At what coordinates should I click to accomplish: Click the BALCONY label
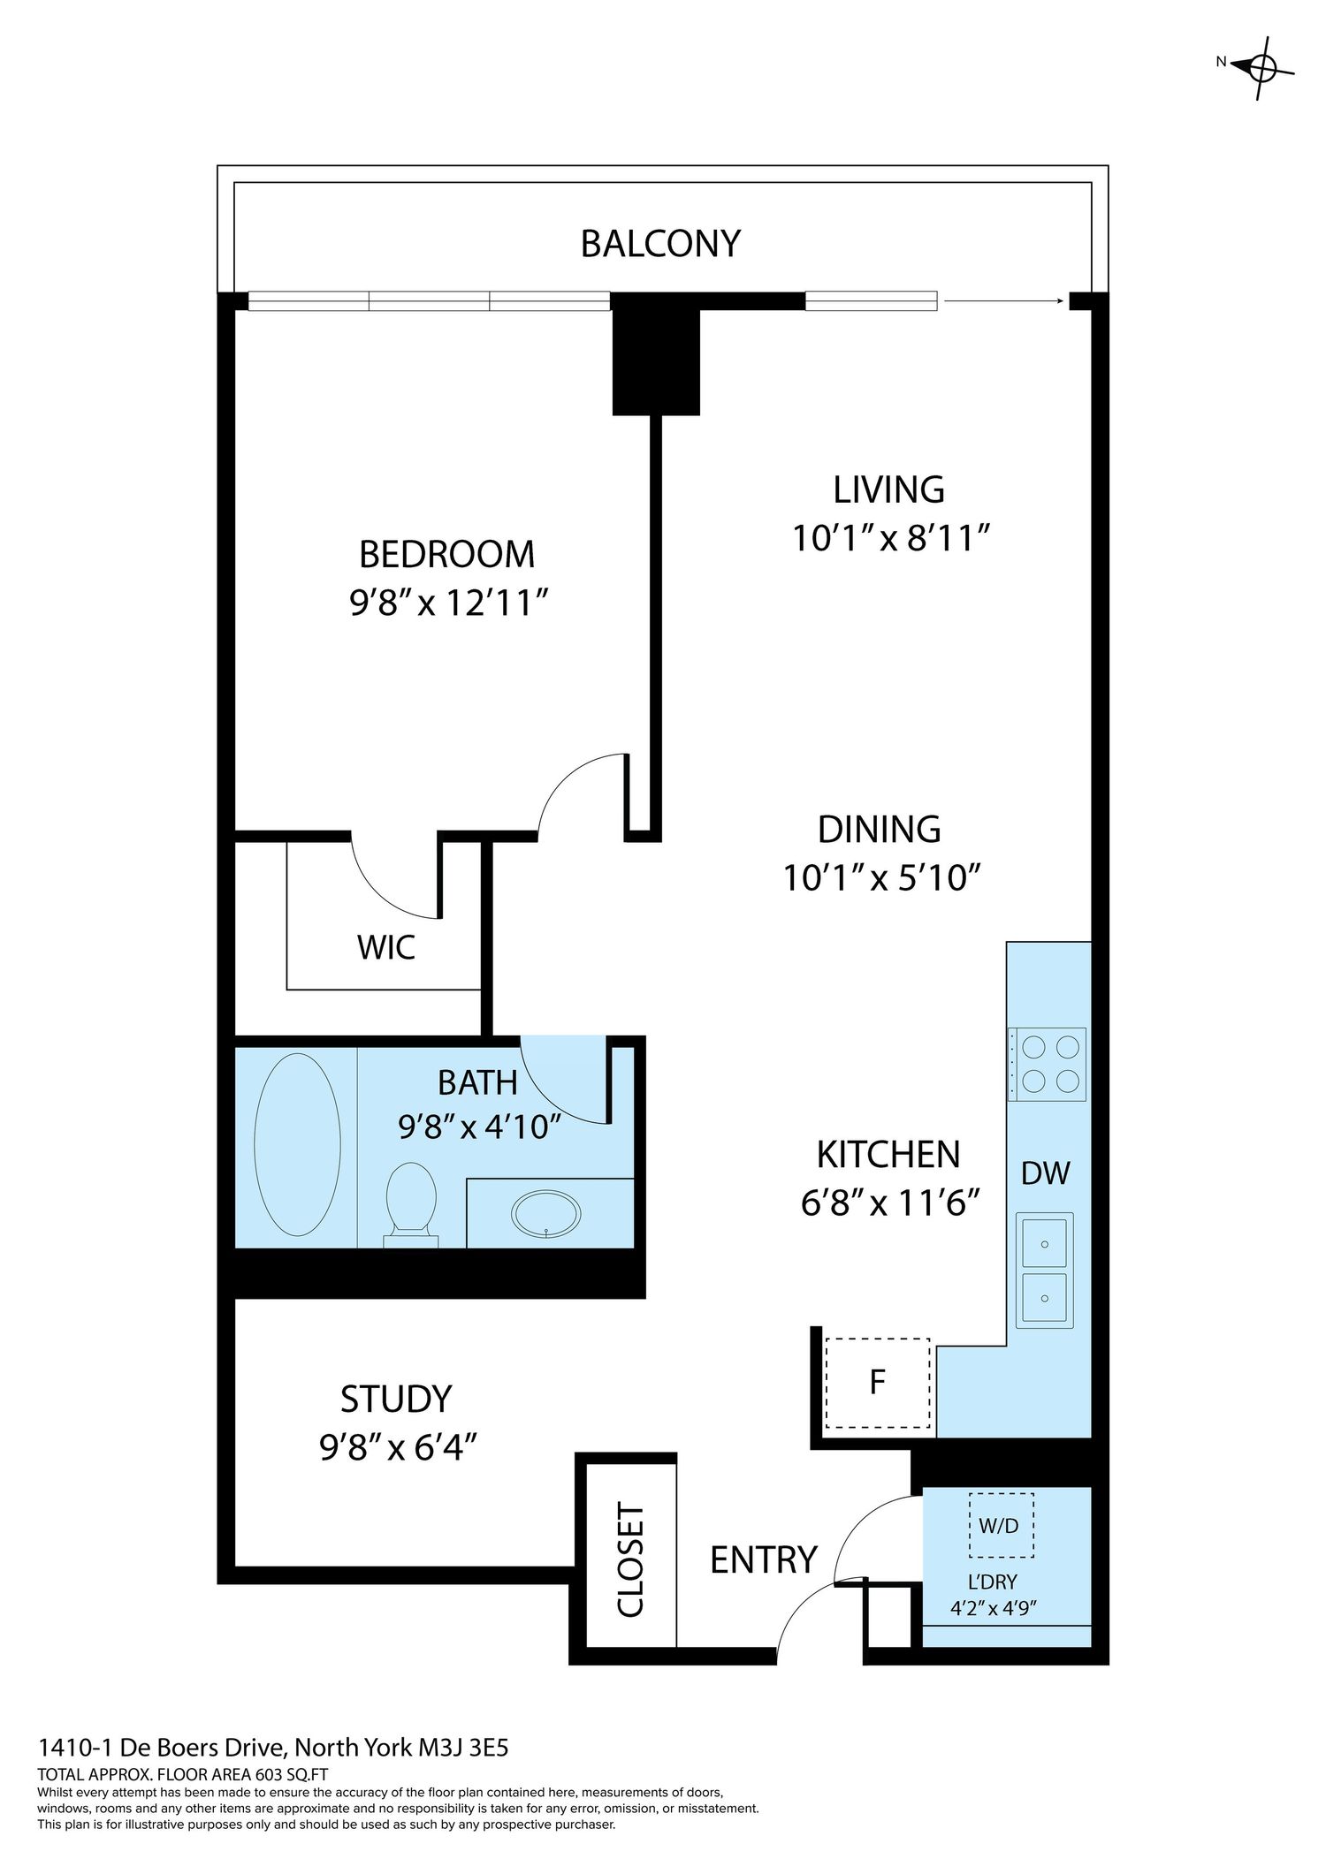point(660,244)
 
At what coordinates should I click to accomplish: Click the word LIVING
point(888,489)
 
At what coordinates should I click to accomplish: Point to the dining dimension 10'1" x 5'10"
point(882,878)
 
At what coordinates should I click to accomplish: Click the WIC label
point(386,948)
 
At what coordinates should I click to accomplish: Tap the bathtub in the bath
point(297,1144)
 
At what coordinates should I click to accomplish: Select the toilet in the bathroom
point(411,1204)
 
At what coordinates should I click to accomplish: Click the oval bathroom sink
point(548,1216)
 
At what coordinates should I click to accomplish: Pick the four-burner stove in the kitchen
point(1047,1064)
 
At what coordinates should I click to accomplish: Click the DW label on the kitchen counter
point(1046,1173)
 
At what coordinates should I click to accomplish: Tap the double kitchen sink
point(1045,1271)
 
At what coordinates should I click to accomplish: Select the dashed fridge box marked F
point(877,1383)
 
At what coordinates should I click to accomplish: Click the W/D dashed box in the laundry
point(1001,1526)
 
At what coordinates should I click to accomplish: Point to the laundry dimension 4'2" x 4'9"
point(994,1607)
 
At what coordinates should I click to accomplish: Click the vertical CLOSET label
point(630,1560)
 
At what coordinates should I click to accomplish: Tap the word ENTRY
point(764,1560)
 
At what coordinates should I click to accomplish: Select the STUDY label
point(396,1400)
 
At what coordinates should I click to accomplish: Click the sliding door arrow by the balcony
point(1003,301)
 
